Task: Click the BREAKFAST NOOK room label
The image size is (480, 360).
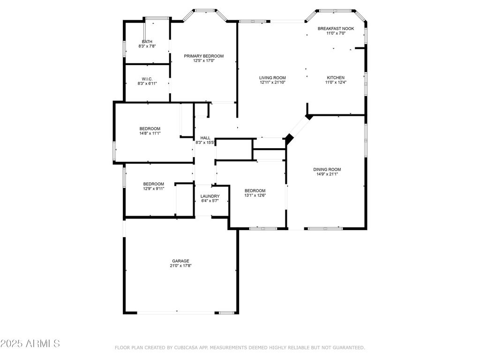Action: (x=336, y=29)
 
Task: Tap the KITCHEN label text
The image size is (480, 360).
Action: (x=336, y=78)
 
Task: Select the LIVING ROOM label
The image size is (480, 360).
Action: (x=272, y=78)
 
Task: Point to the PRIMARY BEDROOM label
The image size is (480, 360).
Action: (x=203, y=56)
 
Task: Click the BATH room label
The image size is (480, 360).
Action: (x=147, y=42)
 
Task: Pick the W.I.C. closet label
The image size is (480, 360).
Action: (x=147, y=79)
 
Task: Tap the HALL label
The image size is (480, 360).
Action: (x=205, y=138)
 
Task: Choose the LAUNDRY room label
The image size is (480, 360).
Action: (x=210, y=196)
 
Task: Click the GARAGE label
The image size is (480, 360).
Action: (x=180, y=261)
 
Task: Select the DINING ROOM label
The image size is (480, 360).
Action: (x=327, y=169)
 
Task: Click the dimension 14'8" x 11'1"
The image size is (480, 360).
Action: (x=150, y=133)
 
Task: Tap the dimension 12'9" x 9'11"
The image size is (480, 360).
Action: (x=154, y=188)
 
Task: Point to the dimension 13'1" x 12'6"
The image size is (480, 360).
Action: (x=255, y=195)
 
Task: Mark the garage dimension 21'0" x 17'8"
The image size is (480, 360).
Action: (x=180, y=266)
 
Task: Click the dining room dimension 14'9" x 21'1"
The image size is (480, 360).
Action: (x=327, y=174)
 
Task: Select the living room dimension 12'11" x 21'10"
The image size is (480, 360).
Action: (x=272, y=82)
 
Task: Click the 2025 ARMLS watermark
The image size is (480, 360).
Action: (x=30, y=344)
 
